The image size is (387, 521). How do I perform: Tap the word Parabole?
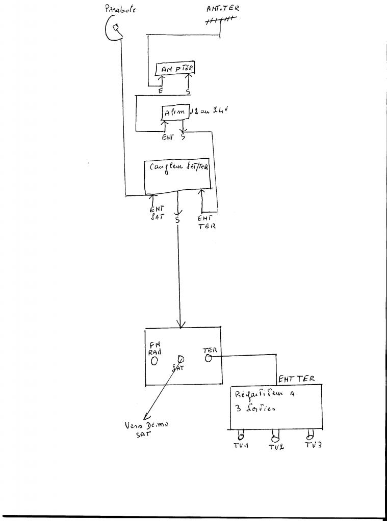[x=121, y=9]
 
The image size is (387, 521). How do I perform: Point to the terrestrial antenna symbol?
[x=221, y=21]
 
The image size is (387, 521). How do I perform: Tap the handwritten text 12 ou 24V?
[x=207, y=109]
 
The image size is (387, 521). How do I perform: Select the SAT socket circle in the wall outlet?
[x=179, y=359]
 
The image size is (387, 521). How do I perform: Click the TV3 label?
[x=313, y=446]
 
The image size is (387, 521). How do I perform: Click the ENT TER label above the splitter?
[x=296, y=379]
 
